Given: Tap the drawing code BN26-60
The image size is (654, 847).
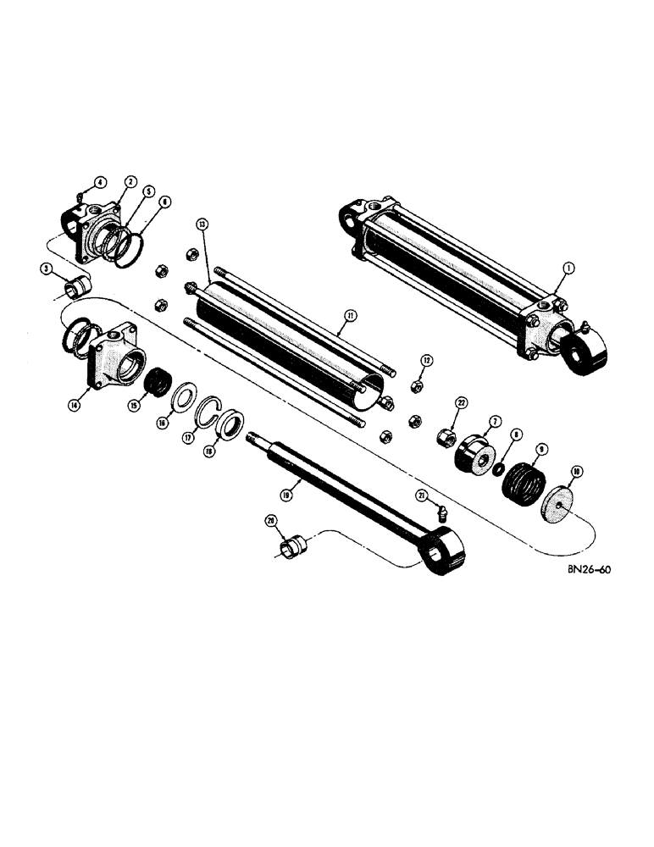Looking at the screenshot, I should tap(585, 570).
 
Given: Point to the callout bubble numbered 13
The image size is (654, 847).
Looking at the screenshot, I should tap(201, 224).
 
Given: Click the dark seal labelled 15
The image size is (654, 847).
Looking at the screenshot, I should tap(155, 382).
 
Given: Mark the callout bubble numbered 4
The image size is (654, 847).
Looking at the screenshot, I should tap(99, 181).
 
